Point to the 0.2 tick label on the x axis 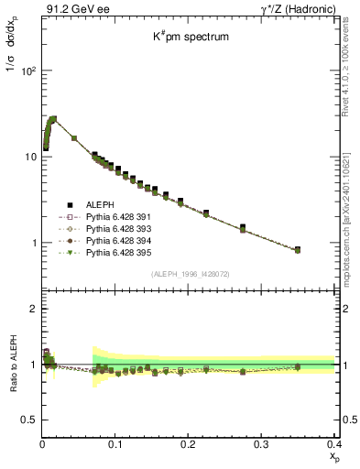pos(188,443)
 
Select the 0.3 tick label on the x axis pos(261,443)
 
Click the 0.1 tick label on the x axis pos(115,443)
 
